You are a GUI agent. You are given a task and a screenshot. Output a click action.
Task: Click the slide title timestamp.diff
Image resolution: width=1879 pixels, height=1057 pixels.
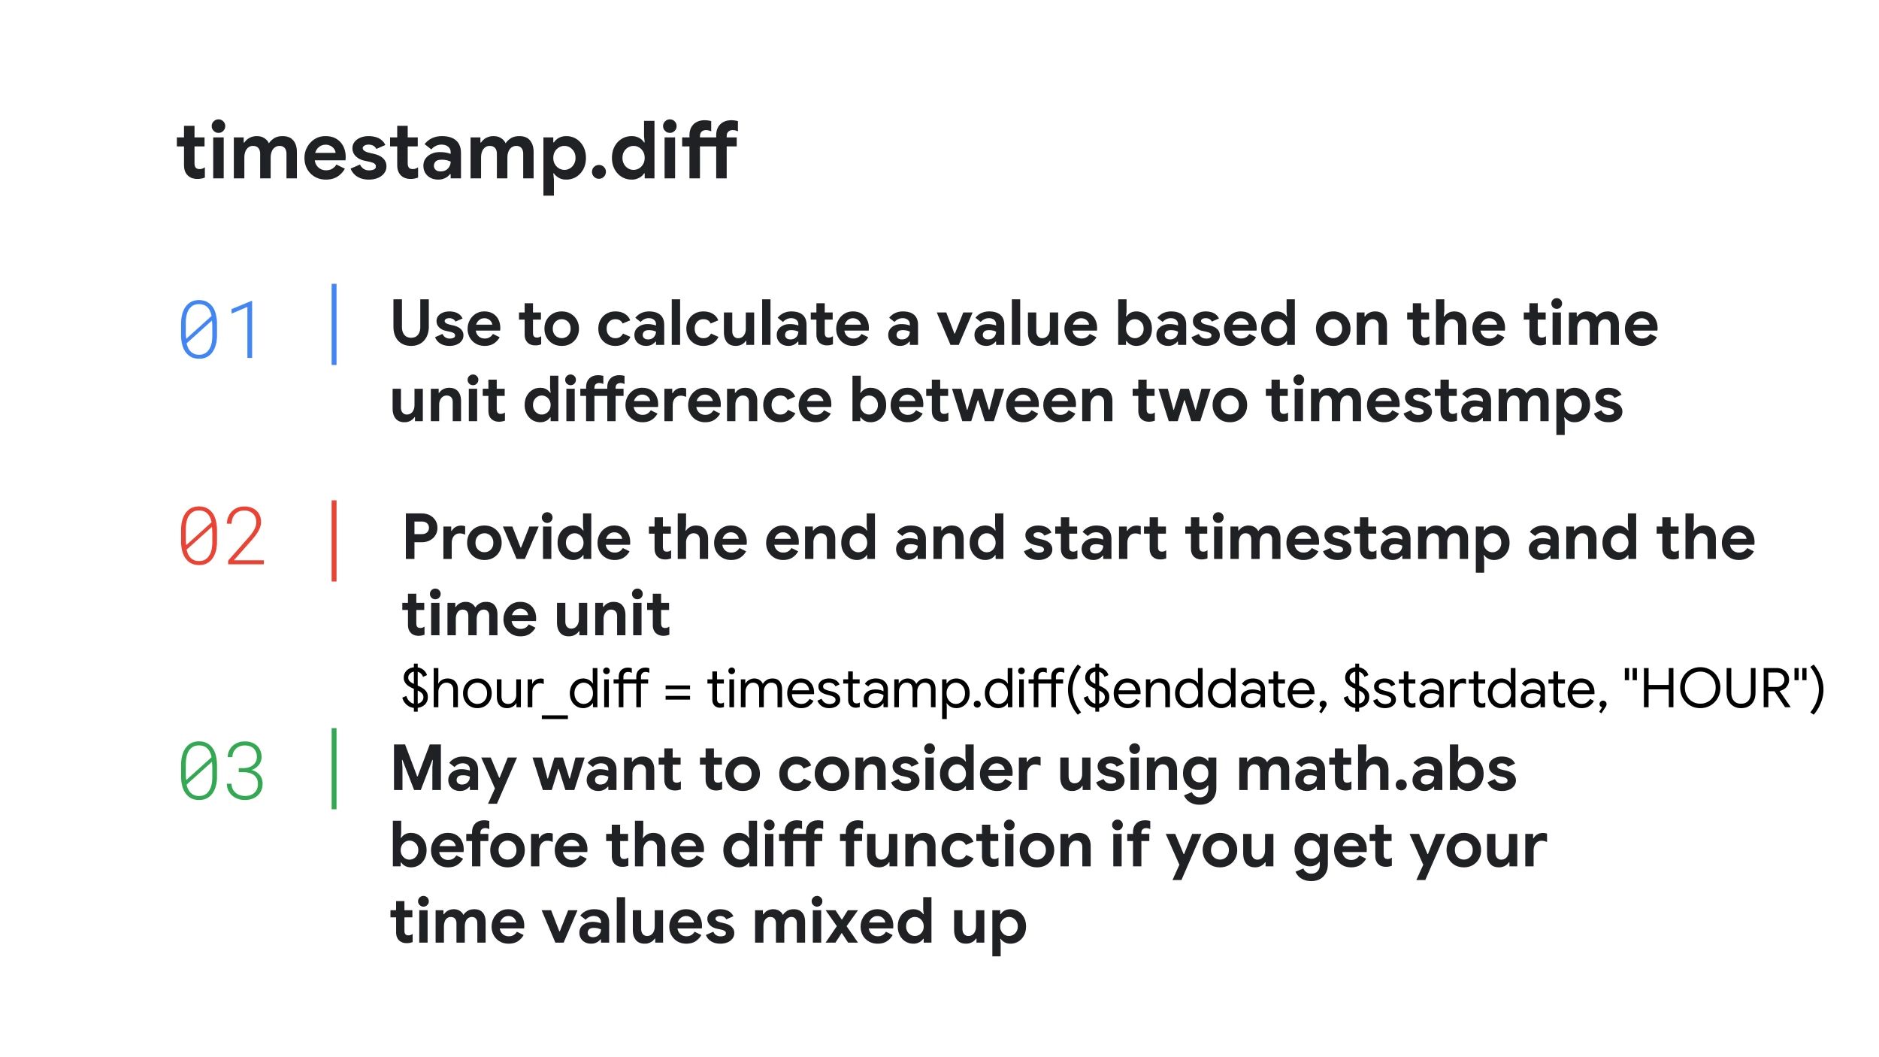click(x=457, y=153)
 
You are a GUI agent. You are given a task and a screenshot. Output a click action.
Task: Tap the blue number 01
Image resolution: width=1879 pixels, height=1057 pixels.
click(x=219, y=329)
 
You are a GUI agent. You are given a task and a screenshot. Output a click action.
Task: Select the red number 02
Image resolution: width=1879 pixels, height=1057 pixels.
click(x=222, y=536)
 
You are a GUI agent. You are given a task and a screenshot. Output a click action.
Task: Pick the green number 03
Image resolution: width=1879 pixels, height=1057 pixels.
click(x=222, y=771)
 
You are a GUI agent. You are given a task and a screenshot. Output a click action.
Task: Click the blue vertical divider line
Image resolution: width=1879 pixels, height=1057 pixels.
click(x=334, y=324)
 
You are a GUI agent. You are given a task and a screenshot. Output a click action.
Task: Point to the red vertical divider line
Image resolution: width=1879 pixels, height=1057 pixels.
click(x=334, y=541)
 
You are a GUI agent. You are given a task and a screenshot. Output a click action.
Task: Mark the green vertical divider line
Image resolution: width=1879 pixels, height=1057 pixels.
click(x=334, y=768)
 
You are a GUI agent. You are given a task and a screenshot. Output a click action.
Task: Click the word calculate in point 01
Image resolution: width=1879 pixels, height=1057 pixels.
click(x=733, y=324)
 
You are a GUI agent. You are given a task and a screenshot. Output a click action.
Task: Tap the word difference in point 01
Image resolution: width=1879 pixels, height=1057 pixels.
click(x=677, y=401)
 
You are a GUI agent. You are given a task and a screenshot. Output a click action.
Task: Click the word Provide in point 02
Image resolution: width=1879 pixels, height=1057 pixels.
click(x=516, y=538)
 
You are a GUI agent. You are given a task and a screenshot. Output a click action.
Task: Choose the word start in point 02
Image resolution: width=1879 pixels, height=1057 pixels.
click(x=1095, y=539)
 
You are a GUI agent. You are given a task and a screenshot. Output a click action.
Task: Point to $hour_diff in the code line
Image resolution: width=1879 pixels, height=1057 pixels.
click(x=525, y=689)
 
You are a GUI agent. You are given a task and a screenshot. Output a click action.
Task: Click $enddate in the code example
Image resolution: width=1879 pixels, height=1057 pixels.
click(x=1205, y=689)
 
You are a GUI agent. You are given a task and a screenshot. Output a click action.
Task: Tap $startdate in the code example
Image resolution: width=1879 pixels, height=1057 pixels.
click(x=1475, y=689)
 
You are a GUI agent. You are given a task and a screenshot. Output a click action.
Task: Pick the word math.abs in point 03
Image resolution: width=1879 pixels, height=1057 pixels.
click(x=1376, y=770)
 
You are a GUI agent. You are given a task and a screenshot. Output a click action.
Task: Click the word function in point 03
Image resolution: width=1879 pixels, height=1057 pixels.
click(x=966, y=846)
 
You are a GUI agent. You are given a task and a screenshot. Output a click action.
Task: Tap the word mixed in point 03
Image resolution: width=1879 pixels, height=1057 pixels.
click(x=843, y=922)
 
